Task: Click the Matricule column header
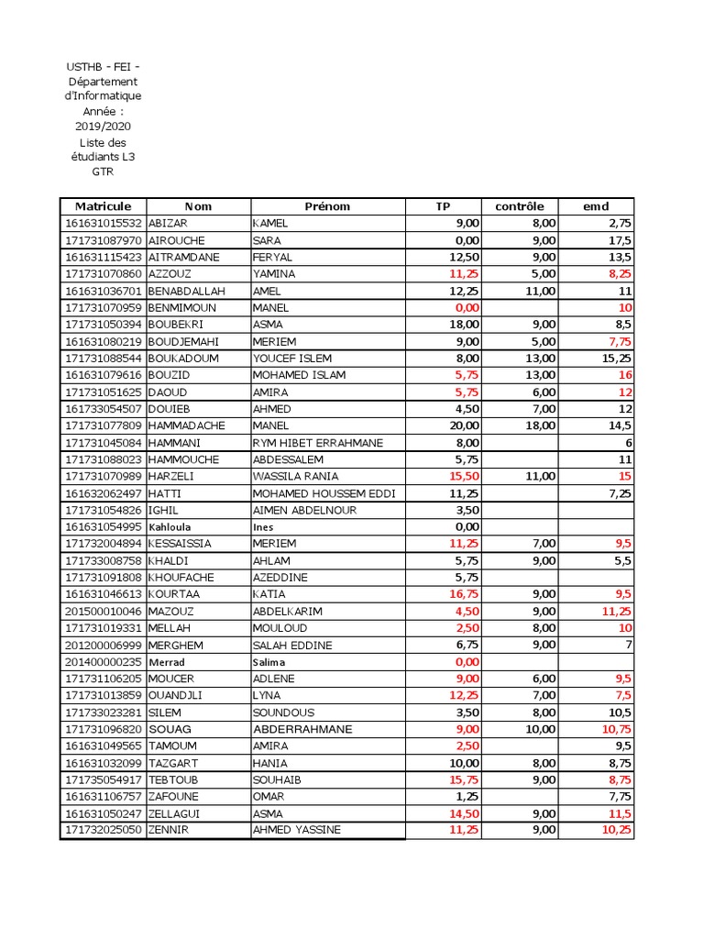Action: [x=103, y=206]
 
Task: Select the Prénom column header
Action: [x=327, y=206]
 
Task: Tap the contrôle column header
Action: [x=519, y=206]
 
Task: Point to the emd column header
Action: [x=596, y=206]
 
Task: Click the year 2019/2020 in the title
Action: [x=103, y=127]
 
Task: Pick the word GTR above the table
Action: [x=103, y=171]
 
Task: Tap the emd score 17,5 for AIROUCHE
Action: [x=620, y=240]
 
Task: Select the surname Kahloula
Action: [x=171, y=526]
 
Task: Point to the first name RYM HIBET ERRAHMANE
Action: [x=318, y=443]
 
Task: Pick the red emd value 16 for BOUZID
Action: [x=625, y=375]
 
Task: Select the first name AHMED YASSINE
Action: [x=297, y=830]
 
